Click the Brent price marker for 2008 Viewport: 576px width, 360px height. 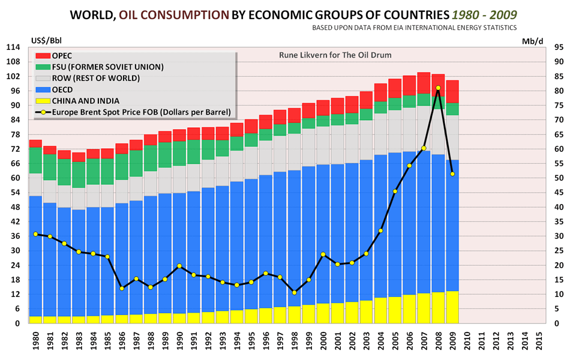pyautogui.click(x=438, y=88)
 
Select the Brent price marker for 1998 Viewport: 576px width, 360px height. pyautogui.click(x=294, y=292)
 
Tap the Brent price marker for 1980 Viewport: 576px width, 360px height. pyautogui.click(x=35, y=234)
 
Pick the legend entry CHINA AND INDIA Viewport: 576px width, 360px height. pyautogui.click(x=86, y=100)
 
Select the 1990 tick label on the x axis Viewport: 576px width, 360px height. pyautogui.click(x=179, y=341)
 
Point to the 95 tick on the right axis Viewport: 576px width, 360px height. pyautogui.click(x=557, y=47)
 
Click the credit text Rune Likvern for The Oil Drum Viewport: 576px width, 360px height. pyautogui.click(x=335, y=55)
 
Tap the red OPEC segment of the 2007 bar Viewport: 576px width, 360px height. pyautogui.click(x=424, y=83)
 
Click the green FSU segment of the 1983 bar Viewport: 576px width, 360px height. pyautogui.click(x=79, y=175)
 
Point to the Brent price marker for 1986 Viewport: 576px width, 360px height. pyautogui.click(x=122, y=289)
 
